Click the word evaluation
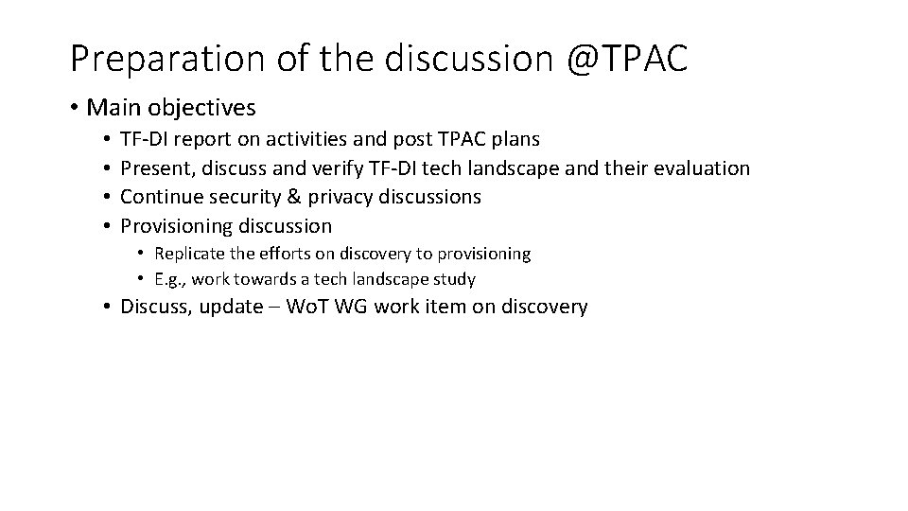click(x=698, y=168)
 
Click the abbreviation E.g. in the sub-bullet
click(x=169, y=279)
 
